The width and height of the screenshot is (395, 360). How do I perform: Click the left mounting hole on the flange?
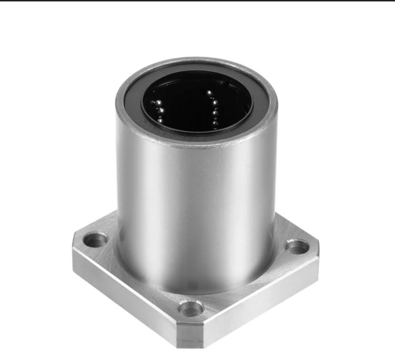96,239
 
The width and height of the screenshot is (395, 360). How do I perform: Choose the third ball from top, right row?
216,113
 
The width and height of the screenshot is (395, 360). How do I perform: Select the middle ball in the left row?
161,111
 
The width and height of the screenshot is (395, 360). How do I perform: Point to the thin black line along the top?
197,1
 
